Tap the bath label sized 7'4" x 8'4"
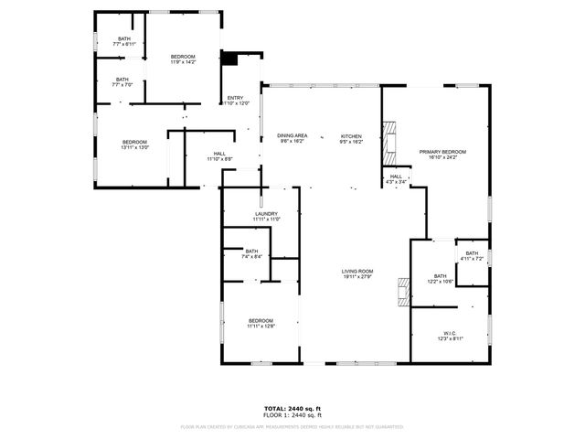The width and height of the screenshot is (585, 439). point(251,253)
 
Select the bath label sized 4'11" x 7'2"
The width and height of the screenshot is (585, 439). point(472,256)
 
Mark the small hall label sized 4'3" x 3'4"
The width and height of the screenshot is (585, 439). point(396,179)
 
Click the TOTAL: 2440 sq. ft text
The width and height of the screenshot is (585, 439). point(292,408)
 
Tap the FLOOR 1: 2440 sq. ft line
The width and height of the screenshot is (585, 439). point(292,415)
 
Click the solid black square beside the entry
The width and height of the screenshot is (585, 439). point(230,59)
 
